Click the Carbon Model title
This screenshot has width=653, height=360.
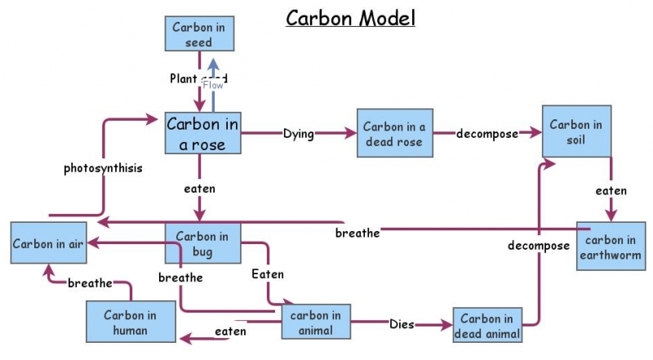[x=349, y=18]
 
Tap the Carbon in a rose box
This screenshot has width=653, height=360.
[x=202, y=134]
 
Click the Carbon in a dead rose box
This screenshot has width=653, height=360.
[x=393, y=134]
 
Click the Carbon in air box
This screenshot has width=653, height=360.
[x=49, y=243]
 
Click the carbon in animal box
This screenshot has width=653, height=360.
[x=316, y=322]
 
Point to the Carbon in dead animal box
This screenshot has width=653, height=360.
[x=486, y=326]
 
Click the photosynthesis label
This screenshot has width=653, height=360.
[x=103, y=169]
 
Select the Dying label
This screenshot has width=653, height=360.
[x=298, y=134]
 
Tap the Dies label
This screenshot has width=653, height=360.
[x=402, y=324]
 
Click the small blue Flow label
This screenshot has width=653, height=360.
[x=213, y=85]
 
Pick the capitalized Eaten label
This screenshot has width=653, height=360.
[x=268, y=274]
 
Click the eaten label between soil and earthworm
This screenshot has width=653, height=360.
[x=611, y=191]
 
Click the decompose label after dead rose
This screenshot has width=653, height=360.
[x=487, y=134]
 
